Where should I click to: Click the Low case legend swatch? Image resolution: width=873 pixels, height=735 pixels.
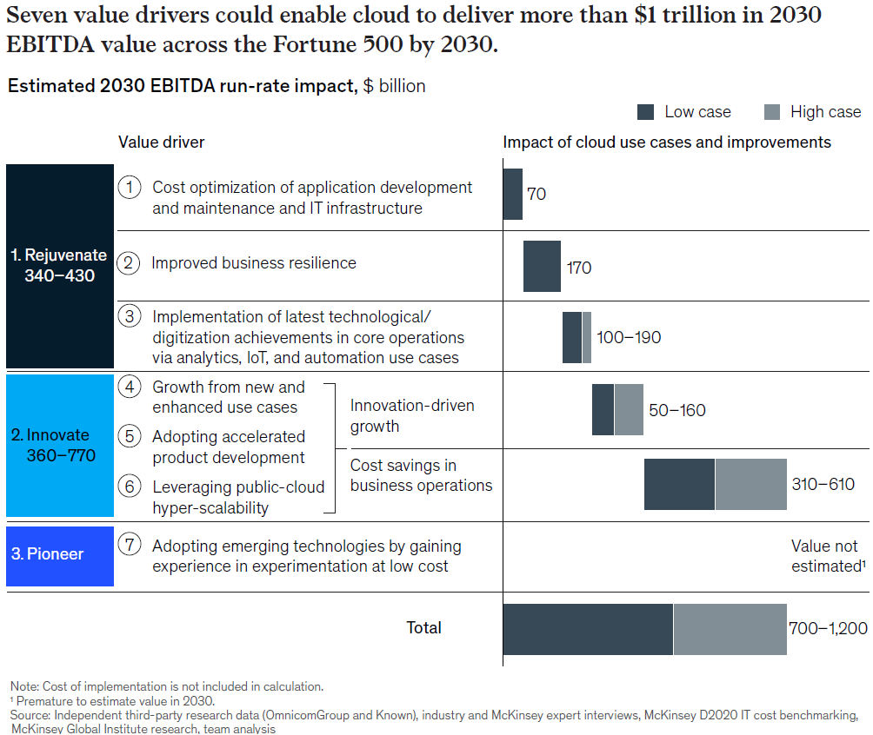click(645, 112)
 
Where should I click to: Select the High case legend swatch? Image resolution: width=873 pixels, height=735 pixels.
click(772, 112)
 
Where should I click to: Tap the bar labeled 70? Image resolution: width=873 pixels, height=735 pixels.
click(513, 194)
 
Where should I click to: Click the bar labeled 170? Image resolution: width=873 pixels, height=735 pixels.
click(542, 267)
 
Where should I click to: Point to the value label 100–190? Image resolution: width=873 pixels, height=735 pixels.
click(629, 337)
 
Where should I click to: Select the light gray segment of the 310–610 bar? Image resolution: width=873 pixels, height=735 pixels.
click(750, 484)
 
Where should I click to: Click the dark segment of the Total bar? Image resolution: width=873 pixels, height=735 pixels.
click(588, 628)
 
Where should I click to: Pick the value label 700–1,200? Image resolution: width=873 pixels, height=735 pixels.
click(828, 628)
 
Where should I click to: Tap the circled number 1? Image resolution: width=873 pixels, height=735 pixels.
click(130, 187)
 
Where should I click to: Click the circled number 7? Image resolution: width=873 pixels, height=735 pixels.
click(130, 546)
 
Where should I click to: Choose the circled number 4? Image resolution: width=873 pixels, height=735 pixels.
click(130, 387)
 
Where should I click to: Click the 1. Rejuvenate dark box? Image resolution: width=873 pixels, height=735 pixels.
click(59, 266)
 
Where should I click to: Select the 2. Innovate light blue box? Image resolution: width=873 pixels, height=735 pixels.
click(59, 446)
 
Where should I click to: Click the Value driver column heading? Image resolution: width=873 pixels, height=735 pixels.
click(162, 142)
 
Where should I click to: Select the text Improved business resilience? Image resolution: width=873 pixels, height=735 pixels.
click(254, 262)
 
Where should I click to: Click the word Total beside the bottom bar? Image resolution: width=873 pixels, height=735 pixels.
click(424, 627)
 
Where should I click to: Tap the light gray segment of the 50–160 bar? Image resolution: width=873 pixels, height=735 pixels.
click(629, 409)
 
